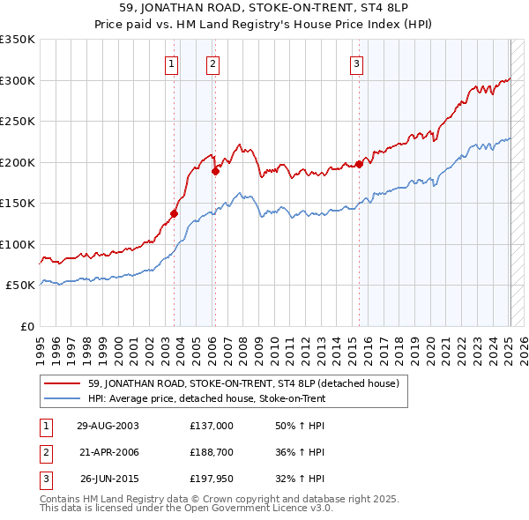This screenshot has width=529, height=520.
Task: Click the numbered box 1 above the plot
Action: [171, 63]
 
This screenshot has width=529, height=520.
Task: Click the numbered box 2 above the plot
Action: [213, 63]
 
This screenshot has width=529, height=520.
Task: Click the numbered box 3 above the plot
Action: [356, 63]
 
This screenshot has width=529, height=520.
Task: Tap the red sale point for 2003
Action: [175, 213]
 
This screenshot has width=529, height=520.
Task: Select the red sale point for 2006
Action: [215, 172]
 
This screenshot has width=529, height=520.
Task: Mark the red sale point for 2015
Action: [360, 164]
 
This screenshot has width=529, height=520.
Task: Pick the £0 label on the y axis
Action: [26, 326]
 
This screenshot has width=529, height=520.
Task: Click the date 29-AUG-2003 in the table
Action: [108, 425]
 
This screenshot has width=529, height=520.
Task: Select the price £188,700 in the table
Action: [211, 452]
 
